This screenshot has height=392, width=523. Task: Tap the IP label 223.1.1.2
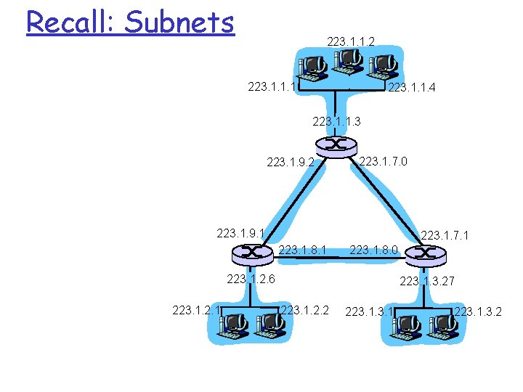pyautogui.click(x=351, y=42)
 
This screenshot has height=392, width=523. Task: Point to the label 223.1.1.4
pyautogui.click(x=413, y=89)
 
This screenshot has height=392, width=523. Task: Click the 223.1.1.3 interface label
pyautogui.click(x=336, y=121)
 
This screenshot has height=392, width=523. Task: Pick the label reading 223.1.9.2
pyautogui.click(x=291, y=163)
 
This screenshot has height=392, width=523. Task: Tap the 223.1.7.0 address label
pyautogui.click(x=384, y=160)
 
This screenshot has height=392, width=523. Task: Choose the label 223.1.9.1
pyautogui.click(x=240, y=233)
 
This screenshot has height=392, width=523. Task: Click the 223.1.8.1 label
pyautogui.click(x=302, y=250)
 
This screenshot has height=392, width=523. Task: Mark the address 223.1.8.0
pyautogui.click(x=373, y=250)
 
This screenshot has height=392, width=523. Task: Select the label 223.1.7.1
pyautogui.click(x=445, y=235)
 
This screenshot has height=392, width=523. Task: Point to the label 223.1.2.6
pyautogui.click(x=251, y=278)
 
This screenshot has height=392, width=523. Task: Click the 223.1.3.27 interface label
pyautogui.click(x=427, y=281)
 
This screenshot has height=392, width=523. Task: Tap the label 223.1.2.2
pyautogui.click(x=305, y=311)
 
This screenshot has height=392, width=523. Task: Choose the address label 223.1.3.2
pyautogui.click(x=478, y=313)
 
